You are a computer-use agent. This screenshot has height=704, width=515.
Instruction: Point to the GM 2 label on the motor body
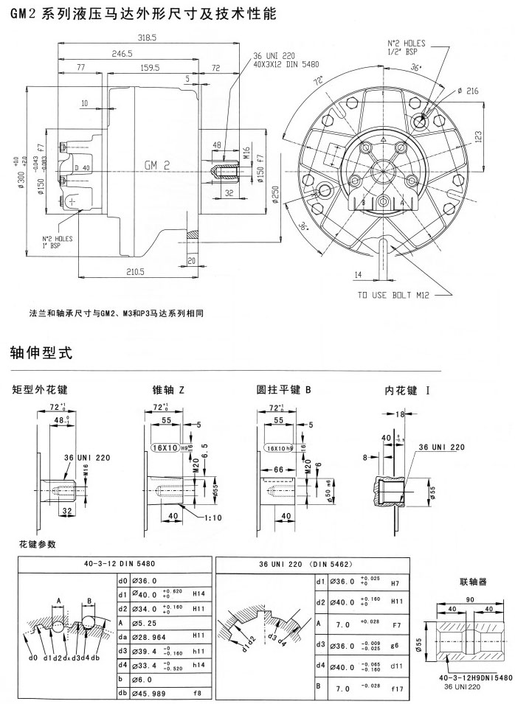pos(156,166)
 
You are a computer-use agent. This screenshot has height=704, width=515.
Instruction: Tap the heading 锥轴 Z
pos(168,388)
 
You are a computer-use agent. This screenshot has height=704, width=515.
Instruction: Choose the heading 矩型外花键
pos(45,388)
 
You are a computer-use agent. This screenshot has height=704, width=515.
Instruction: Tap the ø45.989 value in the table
pos(145,694)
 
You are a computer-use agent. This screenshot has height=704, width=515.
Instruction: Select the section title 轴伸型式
pos(41,353)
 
